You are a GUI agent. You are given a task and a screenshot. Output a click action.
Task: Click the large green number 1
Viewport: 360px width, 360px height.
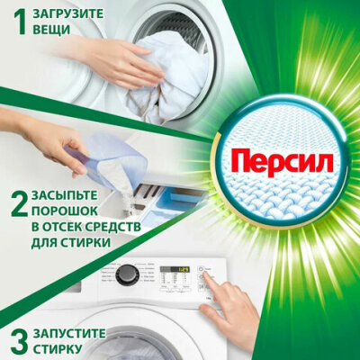point(20,22)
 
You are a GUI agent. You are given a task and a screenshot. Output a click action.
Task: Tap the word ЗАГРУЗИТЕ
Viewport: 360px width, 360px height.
point(67,13)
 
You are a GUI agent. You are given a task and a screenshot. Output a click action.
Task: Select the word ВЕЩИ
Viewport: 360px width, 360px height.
point(51,30)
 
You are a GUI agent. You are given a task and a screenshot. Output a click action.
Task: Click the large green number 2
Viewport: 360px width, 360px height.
point(19,204)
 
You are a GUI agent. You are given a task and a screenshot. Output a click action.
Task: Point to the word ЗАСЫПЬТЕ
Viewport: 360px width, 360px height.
point(64,195)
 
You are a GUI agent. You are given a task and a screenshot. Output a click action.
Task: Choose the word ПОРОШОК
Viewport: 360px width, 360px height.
point(64,211)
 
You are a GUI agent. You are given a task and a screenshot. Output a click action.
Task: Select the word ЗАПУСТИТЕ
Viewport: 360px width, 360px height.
point(69,333)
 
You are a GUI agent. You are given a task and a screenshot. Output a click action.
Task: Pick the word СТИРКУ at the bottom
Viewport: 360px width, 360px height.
point(57,349)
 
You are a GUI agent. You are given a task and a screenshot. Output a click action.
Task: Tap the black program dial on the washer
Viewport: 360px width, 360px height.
point(128,274)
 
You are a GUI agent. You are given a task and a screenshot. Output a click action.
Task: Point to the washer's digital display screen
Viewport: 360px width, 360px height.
point(175,269)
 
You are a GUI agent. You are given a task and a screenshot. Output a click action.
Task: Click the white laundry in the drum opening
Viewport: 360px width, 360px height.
point(168,81)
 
